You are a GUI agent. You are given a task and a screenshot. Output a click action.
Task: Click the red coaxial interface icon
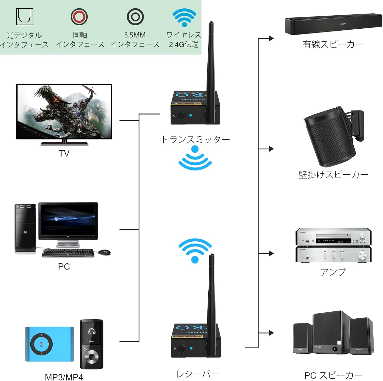point(79,17)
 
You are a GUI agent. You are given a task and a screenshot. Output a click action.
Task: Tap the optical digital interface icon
point(25,17)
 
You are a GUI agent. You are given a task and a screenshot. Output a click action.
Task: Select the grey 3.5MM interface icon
point(135,17)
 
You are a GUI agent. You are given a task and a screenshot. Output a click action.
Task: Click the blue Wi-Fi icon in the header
point(184,17)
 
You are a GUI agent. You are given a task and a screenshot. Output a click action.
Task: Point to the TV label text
point(64,153)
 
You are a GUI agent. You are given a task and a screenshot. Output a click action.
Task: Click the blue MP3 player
point(50,344)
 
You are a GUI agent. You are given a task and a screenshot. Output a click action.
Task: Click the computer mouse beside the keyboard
point(104,252)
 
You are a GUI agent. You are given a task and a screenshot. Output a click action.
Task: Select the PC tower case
point(25,227)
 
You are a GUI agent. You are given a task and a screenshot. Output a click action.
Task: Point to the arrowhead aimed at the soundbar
point(271,38)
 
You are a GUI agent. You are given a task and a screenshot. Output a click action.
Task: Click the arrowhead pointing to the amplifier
point(271,253)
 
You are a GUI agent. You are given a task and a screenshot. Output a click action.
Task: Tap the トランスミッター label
point(196,140)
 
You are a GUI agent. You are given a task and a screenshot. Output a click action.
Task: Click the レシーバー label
point(198,374)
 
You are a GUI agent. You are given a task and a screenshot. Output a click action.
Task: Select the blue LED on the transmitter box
point(191,115)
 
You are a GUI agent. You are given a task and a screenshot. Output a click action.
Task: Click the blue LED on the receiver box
point(191,348)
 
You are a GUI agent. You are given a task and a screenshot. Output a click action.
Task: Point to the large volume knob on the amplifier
point(362,255)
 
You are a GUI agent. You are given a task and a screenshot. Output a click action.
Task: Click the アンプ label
point(333,272)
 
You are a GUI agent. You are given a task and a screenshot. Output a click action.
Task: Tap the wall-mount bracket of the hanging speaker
point(357,125)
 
